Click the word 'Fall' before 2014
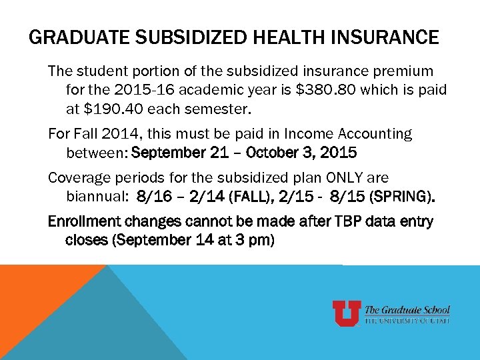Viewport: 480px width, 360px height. point(85,134)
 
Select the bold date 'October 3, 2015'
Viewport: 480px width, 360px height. point(301,153)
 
